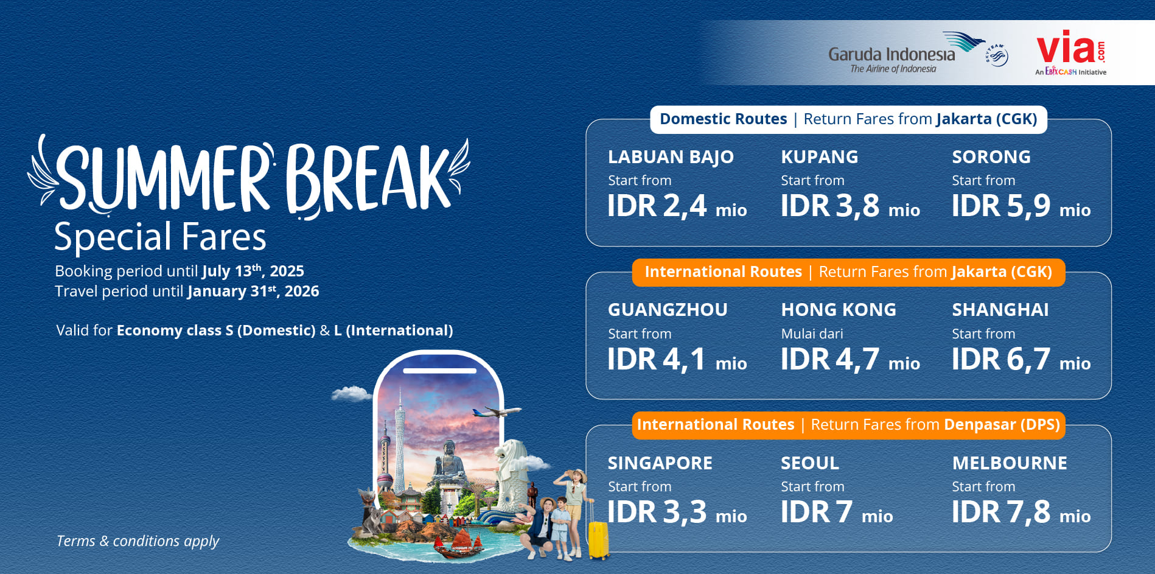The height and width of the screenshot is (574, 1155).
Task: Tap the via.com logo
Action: pyautogui.click(x=1071, y=52)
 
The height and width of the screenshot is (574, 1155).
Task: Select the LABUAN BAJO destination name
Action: pyautogui.click(x=671, y=157)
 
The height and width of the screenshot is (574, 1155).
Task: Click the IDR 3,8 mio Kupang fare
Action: pyautogui.click(x=850, y=206)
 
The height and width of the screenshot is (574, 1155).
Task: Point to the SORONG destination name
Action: pyautogui.click(x=991, y=157)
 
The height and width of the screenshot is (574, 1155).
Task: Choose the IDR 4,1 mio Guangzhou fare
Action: pyautogui.click(x=677, y=359)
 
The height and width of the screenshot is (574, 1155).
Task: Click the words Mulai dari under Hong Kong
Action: pyautogui.click(x=812, y=334)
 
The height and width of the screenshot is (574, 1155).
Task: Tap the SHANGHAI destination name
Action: pyautogui.click(x=1000, y=310)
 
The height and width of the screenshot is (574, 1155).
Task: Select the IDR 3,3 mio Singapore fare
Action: pyautogui.click(x=677, y=512)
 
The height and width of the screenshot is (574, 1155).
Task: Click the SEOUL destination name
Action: pyautogui.click(x=810, y=463)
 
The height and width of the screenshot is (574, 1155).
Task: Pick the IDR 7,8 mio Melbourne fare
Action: pyautogui.click(x=1021, y=512)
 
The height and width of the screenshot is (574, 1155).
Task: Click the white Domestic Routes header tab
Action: pyautogui.click(x=848, y=119)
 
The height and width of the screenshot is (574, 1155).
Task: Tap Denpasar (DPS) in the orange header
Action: pyautogui.click(x=1002, y=424)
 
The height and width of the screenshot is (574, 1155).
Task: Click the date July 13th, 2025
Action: pyautogui.click(x=253, y=271)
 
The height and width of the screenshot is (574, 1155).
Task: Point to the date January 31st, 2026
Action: pyautogui.click(x=253, y=291)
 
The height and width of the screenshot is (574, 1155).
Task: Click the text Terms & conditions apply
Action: pyautogui.click(x=138, y=541)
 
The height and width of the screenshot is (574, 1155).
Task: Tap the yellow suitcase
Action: pyautogui.click(x=598, y=539)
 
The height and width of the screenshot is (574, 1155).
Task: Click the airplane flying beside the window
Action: pyautogui.click(x=497, y=412)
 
